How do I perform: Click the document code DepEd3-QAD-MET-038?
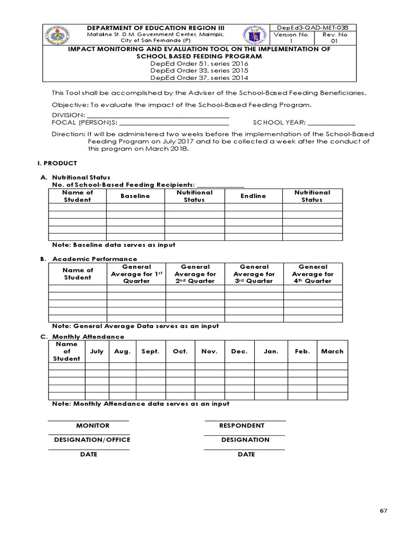coord(312,27)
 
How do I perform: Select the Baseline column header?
coord(135,196)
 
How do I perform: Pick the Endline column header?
coord(253,196)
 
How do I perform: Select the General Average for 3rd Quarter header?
coord(254,274)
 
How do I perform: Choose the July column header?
coord(97,351)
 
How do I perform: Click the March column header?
coord(332,351)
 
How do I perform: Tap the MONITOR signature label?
coord(93,425)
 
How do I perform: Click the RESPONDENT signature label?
coord(242,425)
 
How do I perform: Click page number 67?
coord(383,511)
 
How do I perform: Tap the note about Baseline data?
coord(114,245)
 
